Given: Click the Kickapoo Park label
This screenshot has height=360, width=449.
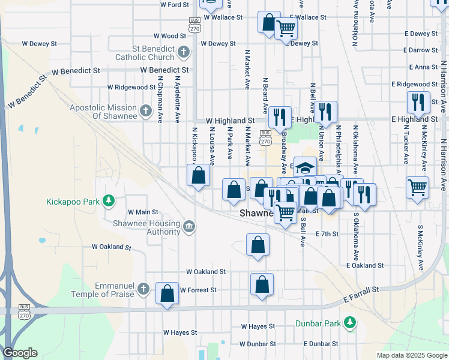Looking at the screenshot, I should tap(73, 202).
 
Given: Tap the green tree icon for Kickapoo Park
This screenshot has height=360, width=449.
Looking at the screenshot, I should tap(109, 200).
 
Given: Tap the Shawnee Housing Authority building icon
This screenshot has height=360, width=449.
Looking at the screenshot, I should tap(189, 226).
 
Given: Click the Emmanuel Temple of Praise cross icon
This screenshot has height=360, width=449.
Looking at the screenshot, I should tap(142, 289).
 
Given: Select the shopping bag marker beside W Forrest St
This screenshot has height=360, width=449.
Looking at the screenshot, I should tap(167, 293).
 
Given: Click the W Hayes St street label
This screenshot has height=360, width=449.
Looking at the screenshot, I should tap(180, 332).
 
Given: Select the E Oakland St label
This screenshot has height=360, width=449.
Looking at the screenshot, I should tap(364, 265).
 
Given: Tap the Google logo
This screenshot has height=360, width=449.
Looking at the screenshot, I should tap(20, 353).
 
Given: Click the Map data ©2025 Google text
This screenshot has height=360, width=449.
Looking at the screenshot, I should tap(411, 355).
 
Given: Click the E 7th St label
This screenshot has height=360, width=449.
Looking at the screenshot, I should tap(327, 234).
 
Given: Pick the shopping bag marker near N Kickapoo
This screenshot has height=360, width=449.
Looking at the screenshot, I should tap(198, 176).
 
